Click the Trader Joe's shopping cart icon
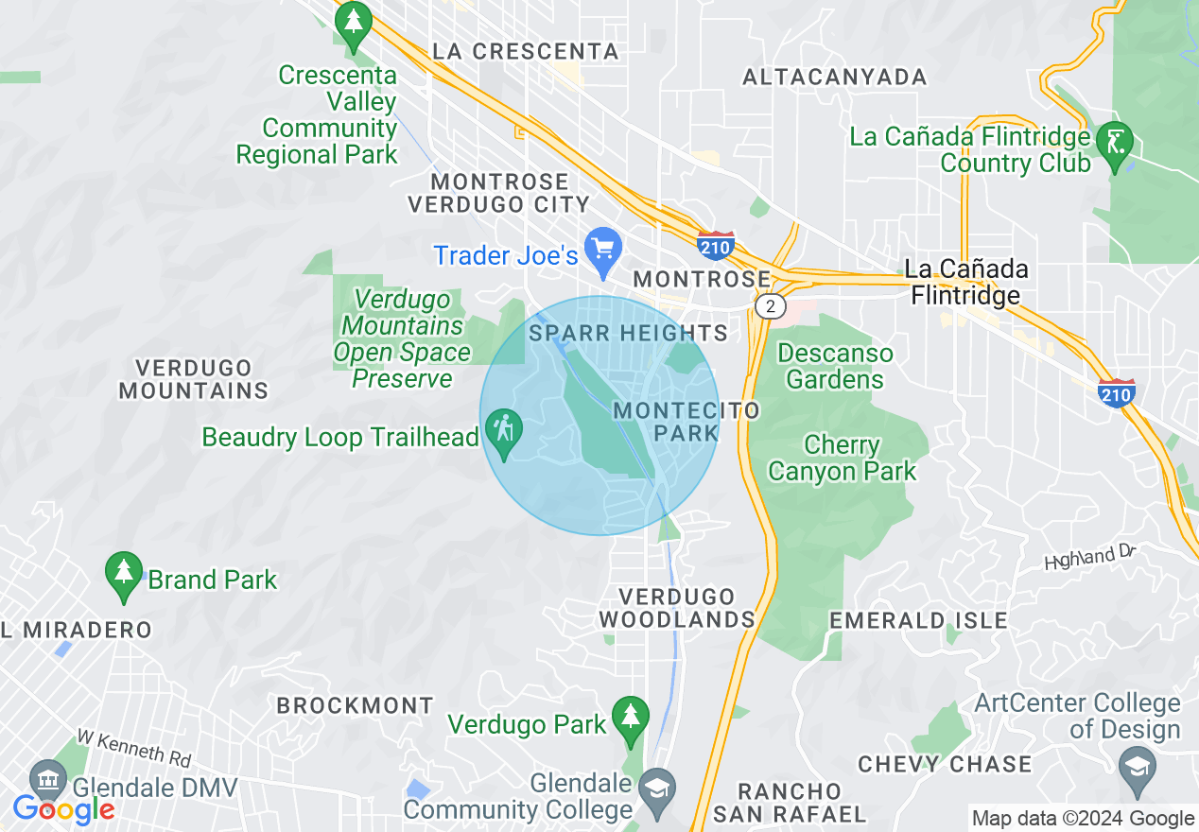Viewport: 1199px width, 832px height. click(603, 250)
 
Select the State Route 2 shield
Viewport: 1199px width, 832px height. click(772, 305)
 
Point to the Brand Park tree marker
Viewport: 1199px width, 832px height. click(124, 574)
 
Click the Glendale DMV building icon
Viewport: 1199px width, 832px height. click(48, 781)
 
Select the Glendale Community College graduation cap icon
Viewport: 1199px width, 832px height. click(654, 787)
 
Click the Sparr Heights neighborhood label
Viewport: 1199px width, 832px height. click(628, 333)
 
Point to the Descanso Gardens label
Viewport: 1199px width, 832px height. click(834, 367)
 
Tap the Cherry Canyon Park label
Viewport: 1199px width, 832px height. click(842, 458)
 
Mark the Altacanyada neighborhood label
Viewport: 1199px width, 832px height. click(834, 78)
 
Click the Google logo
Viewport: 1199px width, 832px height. click(63, 809)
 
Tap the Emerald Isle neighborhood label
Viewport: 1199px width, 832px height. click(918, 621)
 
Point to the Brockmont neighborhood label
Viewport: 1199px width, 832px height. click(355, 705)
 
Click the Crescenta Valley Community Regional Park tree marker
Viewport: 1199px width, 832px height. click(354, 24)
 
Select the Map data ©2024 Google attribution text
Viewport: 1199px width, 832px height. click(1084, 819)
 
